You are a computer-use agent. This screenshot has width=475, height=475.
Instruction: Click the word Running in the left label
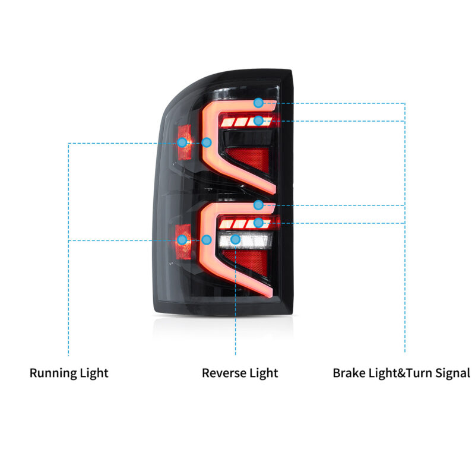(53, 373)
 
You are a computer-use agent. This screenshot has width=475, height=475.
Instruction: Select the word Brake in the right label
(349, 373)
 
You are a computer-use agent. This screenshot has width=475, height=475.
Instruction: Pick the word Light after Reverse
(262, 373)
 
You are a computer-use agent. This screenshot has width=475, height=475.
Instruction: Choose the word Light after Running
(93, 373)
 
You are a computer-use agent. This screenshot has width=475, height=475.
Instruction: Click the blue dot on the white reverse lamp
(236, 239)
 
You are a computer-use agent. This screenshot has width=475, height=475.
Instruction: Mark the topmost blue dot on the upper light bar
(258, 103)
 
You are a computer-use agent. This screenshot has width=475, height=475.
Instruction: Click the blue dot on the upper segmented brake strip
(258, 121)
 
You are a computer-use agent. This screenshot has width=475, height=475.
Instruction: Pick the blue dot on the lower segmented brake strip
(258, 223)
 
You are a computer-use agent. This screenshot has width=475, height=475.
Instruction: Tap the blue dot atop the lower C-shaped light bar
(258, 205)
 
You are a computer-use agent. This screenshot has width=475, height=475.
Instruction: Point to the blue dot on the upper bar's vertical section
(207, 142)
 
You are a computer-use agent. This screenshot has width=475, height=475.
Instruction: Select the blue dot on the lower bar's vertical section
(207, 239)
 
